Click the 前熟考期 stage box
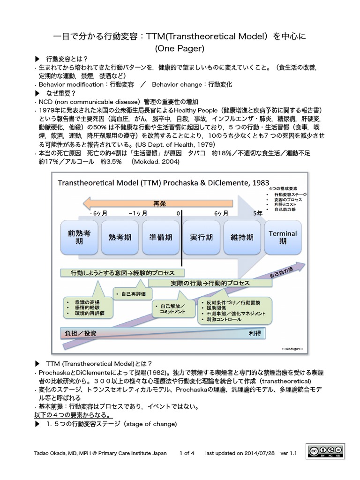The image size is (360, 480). click(x=79, y=237)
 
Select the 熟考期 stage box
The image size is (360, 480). click(x=119, y=237)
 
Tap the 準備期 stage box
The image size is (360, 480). click(x=159, y=237)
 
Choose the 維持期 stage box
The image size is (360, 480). click(x=241, y=237)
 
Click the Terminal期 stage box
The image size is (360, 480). click(x=283, y=237)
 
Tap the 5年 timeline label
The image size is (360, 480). click(x=257, y=213)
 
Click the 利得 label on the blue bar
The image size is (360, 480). click(x=255, y=333)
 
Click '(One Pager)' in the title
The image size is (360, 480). click(x=180, y=48)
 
